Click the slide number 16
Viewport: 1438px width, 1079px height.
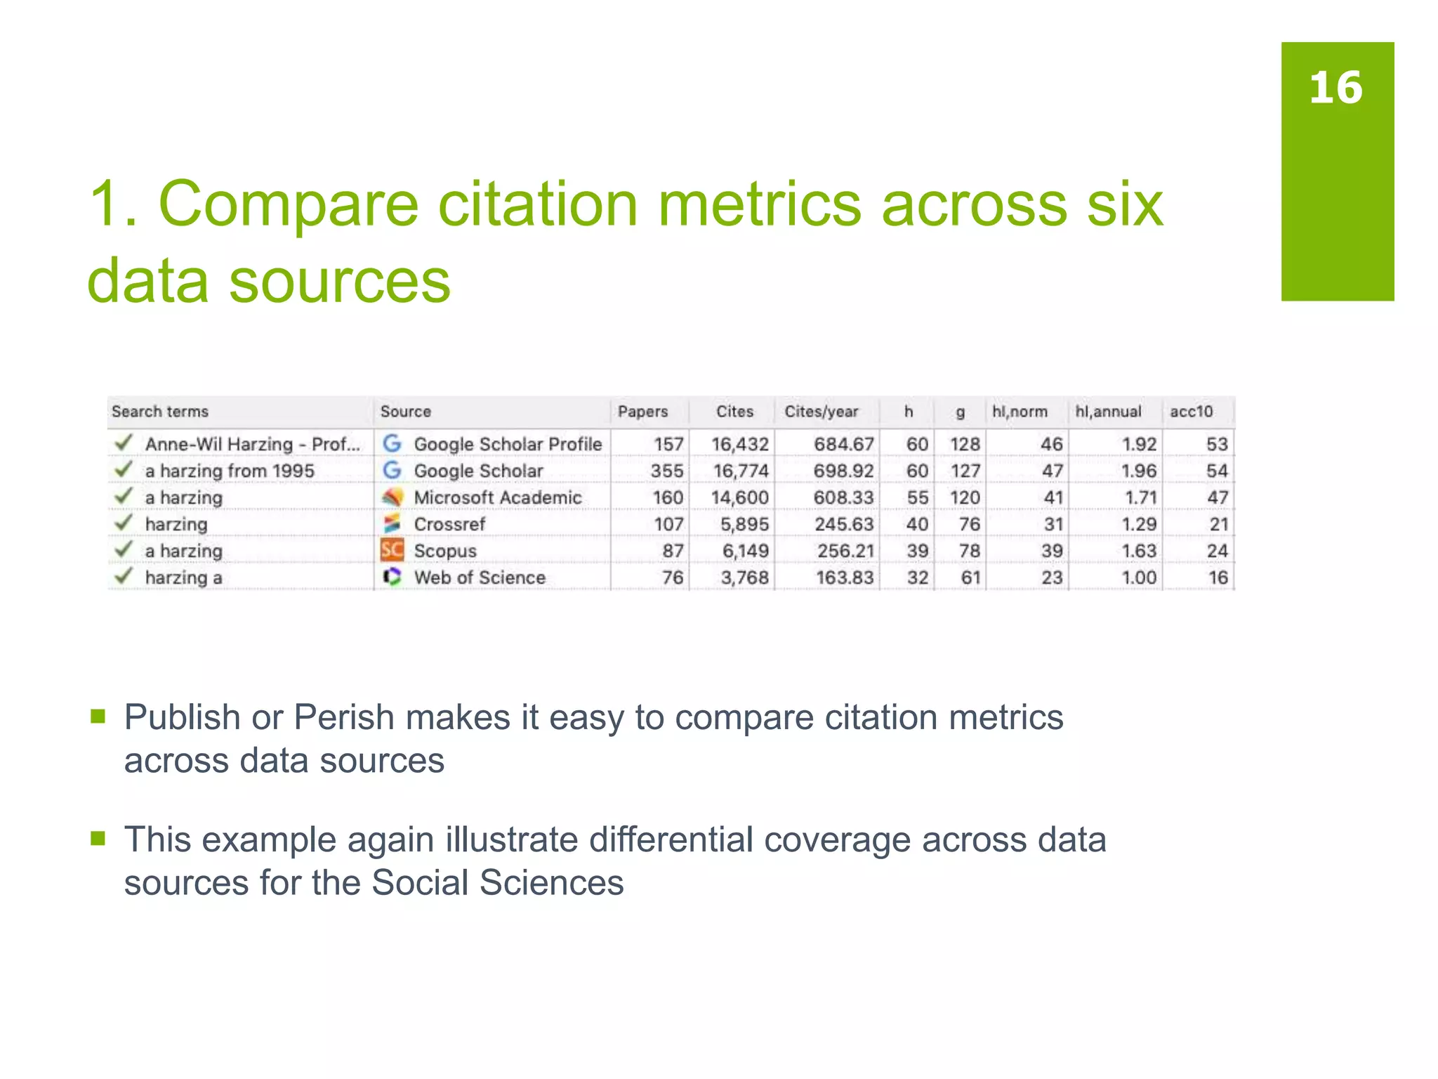tap(1335, 89)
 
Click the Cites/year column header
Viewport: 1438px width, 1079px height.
tap(821, 412)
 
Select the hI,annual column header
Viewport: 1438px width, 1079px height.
tap(1108, 412)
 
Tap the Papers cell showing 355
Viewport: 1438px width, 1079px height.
tap(666, 471)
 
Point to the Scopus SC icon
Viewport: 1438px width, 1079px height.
tap(392, 550)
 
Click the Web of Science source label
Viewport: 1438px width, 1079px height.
tap(480, 577)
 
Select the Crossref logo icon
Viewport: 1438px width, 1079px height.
tap(392, 523)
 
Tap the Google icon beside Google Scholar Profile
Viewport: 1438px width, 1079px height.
tap(392, 443)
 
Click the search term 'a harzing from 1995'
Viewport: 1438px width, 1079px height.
tap(230, 471)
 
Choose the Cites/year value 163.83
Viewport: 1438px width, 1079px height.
tap(845, 577)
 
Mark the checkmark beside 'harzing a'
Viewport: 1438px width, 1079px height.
tap(124, 576)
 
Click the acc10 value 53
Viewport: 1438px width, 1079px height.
tap(1217, 444)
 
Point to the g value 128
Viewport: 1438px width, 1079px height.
tap(965, 444)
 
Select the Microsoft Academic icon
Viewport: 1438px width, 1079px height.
tap(392, 497)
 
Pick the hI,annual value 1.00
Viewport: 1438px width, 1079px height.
tap(1138, 577)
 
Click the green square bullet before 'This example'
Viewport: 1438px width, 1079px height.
tap(98, 838)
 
